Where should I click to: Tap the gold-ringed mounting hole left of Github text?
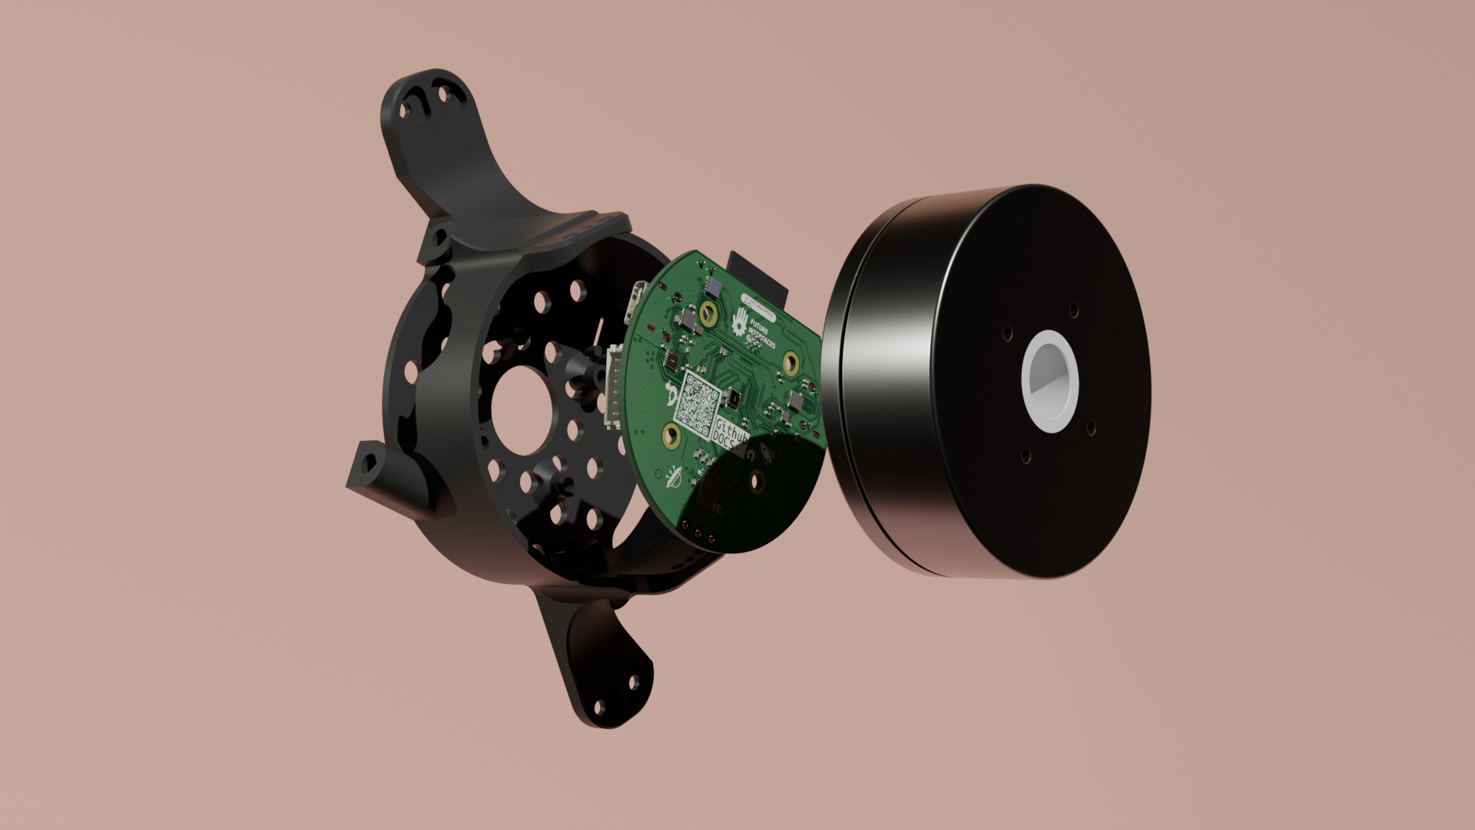(x=671, y=437)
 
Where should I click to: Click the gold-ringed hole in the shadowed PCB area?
(x=757, y=482)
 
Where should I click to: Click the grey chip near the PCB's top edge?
(x=714, y=288)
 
